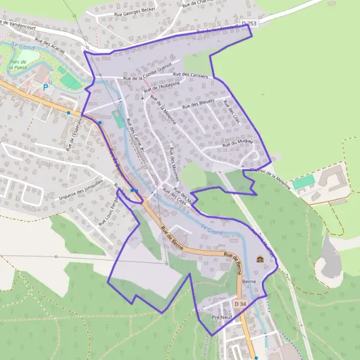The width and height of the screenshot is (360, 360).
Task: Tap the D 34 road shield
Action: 240,304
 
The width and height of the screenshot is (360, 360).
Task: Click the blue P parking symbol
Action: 45,88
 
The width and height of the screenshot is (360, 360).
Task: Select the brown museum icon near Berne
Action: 260,260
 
